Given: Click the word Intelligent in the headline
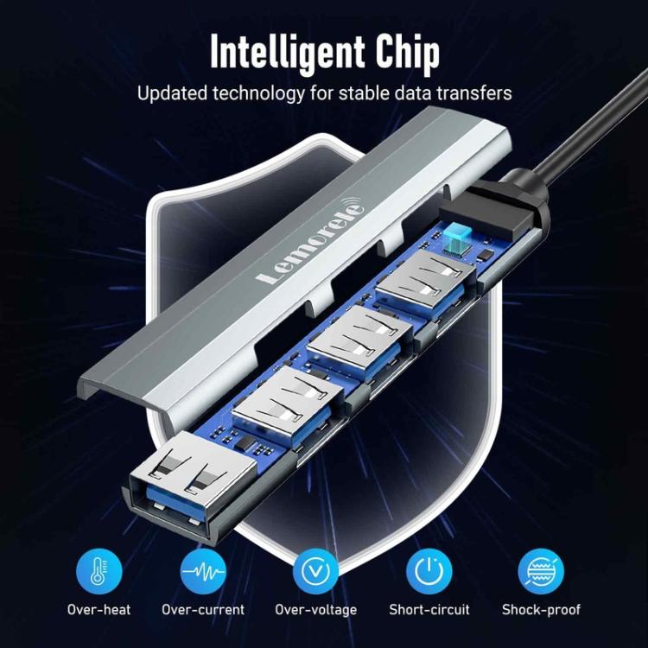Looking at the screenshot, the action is (x=287, y=53).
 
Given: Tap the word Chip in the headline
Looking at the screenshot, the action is (x=407, y=53).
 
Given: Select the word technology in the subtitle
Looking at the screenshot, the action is (x=258, y=94).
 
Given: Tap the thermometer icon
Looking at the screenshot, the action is (x=99, y=571).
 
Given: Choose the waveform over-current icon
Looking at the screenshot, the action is (x=203, y=571).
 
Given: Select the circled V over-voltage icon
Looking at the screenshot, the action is (x=315, y=571).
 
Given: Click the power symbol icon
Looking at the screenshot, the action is (x=429, y=571).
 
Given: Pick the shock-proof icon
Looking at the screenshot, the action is (x=541, y=571).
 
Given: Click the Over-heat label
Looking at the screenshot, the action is (x=98, y=610).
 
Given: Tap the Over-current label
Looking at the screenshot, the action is (x=203, y=610).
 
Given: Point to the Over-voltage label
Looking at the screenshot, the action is (x=315, y=610).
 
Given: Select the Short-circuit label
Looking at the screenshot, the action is (x=429, y=610).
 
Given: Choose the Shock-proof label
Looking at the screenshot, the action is (x=541, y=610).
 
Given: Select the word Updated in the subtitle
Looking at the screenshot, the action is (x=172, y=94).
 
